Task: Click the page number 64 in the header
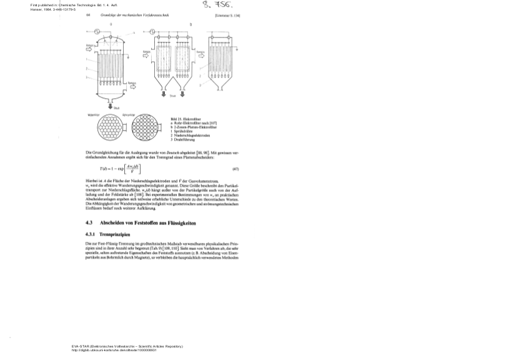click(x=87, y=14)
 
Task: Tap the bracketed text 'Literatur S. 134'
click(x=227, y=14)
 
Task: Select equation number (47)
click(x=235, y=169)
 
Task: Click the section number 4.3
click(x=89, y=222)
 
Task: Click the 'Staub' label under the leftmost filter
click(x=116, y=108)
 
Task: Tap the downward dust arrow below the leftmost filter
click(x=110, y=104)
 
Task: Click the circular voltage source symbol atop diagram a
click(x=97, y=31)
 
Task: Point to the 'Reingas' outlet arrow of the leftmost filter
click(x=133, y=86)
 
